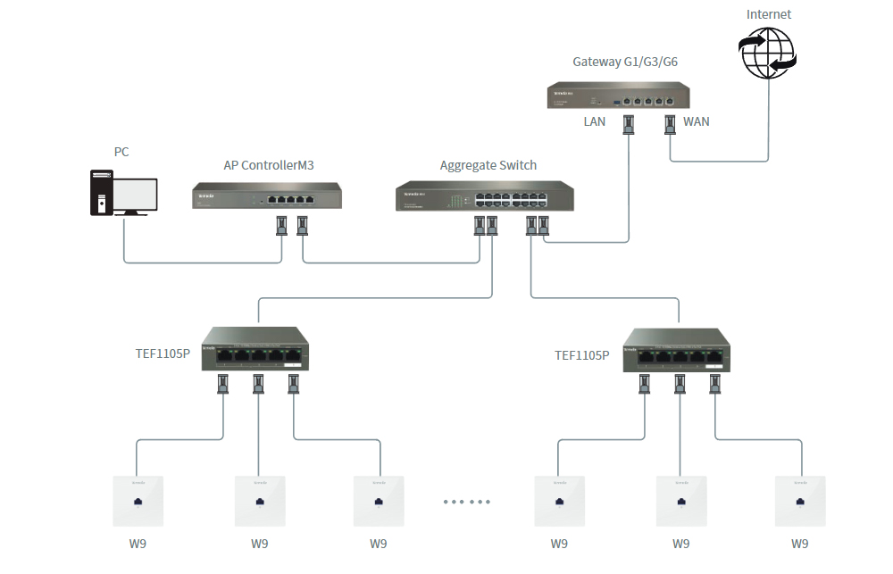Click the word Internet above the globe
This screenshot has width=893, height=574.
(769, 14)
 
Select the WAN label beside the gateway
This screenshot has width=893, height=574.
(696, 121)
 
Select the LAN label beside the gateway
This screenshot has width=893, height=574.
(595, 121)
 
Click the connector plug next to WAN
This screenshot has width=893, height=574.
(670, 125)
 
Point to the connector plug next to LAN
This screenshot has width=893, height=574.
(629, 125)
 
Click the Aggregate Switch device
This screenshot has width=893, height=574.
(485, 196)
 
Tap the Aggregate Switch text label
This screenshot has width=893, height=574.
(488, 165)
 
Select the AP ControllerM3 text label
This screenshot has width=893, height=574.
(268, 165)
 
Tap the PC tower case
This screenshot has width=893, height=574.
(100, 193)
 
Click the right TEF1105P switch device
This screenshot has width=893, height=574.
(676, 351)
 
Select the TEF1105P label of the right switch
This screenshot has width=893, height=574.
(581, 355)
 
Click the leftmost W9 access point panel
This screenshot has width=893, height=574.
(138, 501)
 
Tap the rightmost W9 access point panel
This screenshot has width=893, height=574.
(800, 501)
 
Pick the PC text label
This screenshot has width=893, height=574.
(121, 152)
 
